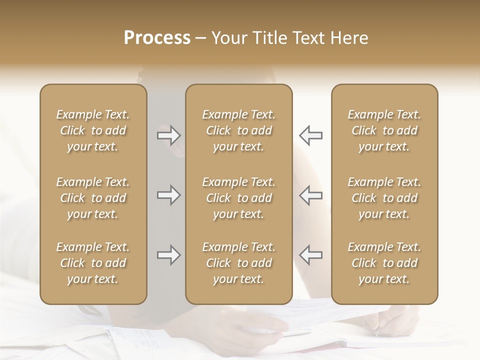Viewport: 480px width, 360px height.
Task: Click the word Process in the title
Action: [x=157, y=38]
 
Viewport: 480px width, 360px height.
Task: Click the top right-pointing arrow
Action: [x=168, y=135]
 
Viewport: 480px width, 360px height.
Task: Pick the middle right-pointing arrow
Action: [x=168, y=195]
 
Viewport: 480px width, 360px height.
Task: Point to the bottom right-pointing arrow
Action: [x=168, y=255]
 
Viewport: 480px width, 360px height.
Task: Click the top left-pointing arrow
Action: [x=310, y=135]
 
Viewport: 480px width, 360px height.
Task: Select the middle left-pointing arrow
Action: [x=310, y=195]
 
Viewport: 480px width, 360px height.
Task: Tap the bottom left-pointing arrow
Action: [x=310, y=255]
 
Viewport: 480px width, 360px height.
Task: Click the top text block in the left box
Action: [x=93, y=130]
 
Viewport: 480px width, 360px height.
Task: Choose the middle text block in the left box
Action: [x=93, y=198]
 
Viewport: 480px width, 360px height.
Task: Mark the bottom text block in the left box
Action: [x=93, y=263]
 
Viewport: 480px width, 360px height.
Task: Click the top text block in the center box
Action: [x=238, y=130]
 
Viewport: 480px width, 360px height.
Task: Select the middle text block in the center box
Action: [x=238, y=198]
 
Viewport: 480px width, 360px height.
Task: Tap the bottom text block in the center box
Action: [x=238, y=263]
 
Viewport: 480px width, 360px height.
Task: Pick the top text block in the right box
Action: [x=384, y=130]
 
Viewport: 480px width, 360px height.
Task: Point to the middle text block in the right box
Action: [x=384, y=198]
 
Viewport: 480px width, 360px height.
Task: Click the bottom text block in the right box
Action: [x=384, y=263]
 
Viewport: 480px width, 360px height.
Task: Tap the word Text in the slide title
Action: [x=311, y=38]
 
